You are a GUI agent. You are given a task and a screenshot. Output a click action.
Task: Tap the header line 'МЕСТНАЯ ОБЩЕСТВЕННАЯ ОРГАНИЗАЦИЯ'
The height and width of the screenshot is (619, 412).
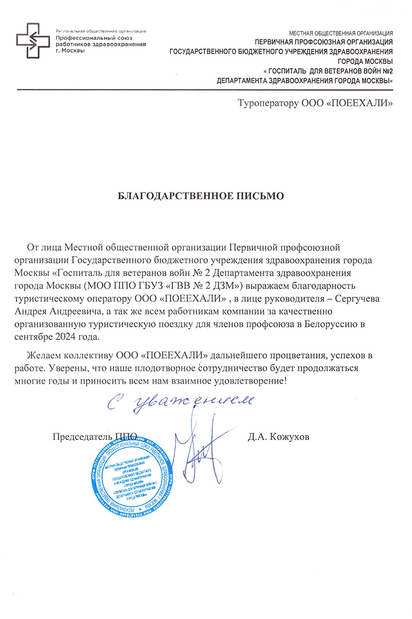[x=341, y=32]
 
